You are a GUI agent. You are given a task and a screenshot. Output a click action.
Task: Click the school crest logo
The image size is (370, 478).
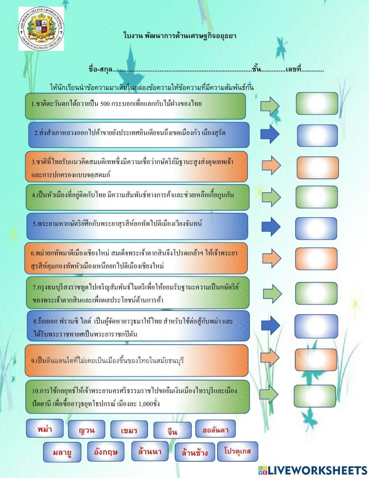[x=41, y=29]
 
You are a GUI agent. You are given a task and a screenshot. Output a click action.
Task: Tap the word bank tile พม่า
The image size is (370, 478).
[x=45, y=429]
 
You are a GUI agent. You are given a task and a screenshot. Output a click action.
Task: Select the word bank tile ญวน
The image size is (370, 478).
[x=87, y=430]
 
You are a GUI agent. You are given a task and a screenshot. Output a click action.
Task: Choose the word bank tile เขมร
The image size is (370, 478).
[x=129, y=430]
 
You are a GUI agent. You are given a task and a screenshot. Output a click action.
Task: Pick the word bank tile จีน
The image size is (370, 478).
[x=172, y=431]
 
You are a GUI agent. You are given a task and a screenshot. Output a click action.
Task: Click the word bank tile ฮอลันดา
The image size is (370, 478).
[x=215, y=429]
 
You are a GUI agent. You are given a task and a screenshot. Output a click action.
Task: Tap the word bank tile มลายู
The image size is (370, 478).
[x=62, y=452]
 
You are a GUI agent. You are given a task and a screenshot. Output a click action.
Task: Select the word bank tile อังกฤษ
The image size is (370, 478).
[x=106, y=451]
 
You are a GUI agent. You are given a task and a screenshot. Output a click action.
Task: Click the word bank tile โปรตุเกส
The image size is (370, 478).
[x=237, y=451]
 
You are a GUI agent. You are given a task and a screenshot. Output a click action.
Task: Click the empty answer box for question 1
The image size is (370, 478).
[x=317, y=104]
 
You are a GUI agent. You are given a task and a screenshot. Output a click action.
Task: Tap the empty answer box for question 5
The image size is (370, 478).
[x=316, y=228]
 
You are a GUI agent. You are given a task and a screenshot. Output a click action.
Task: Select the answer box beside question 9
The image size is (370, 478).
[x=316, y=360]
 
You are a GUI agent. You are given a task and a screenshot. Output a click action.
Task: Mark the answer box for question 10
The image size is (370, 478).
[x=315, y=396]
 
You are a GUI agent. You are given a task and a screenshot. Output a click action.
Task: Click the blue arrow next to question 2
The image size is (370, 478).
[x=270, y=134]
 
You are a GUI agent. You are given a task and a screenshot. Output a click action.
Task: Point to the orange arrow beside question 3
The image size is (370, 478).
[x=271, y=165]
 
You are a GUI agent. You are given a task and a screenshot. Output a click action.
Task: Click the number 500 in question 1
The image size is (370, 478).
[x=105, y=104]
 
